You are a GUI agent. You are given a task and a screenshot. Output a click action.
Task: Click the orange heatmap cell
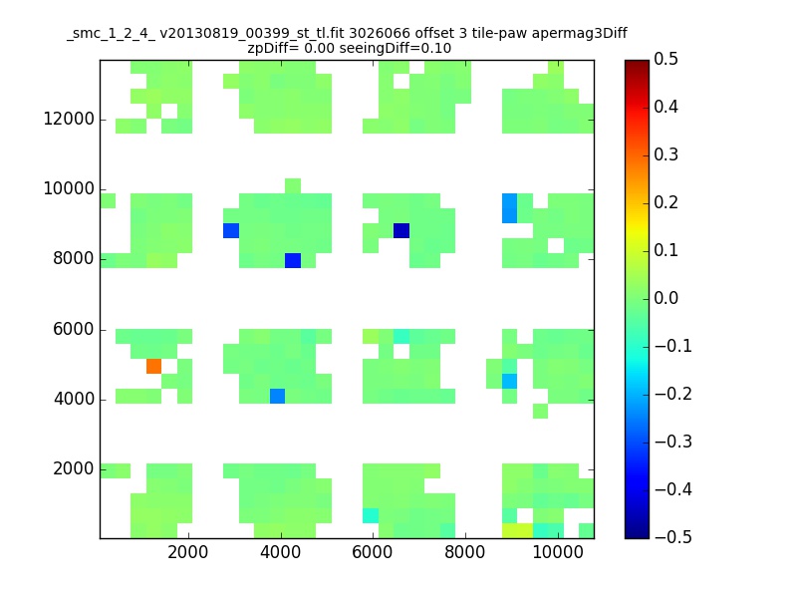pyautogui.click(x=153, y=366)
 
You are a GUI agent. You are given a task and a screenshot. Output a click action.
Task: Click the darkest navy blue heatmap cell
pyautogui.click(x=400, y=230)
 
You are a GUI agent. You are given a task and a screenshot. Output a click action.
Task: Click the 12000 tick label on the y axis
pyautogui.click(x=68, y=120)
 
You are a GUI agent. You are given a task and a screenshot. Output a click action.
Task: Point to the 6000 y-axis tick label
pyautogui.click(x=73, y=330)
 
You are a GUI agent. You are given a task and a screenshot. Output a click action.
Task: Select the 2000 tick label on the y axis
pyautogui.click(x=73, y=469)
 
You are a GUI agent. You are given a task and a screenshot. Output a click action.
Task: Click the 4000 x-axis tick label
pyautogui.click(x=280, y=552)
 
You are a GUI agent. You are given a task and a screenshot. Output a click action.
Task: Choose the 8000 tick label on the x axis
pyautogui.click(x=465, y=552)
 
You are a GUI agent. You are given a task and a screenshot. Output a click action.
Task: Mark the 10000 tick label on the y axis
pyautogui.click(x=68, y=189)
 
